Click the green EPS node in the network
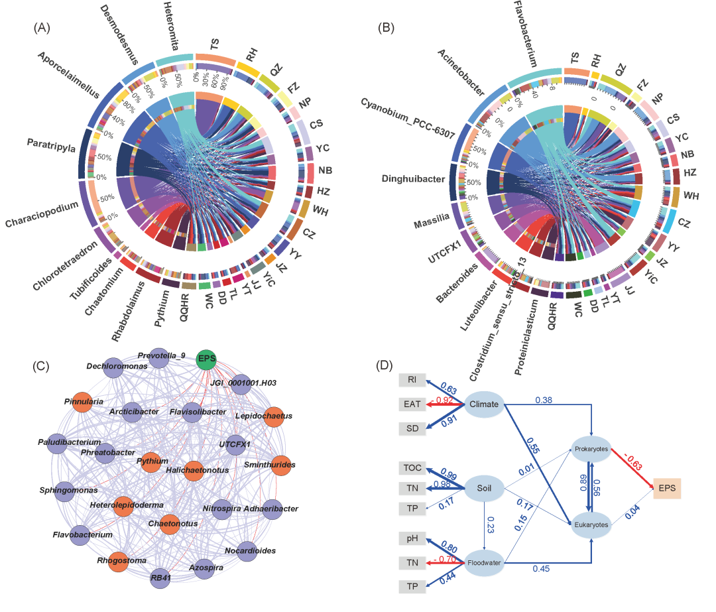point(208,360)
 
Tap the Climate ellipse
point(483,404)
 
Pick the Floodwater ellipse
point(484,564)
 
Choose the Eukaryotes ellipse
point(591,524)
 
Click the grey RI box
point(411,380)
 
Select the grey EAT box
point(411,403)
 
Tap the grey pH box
point(411,539)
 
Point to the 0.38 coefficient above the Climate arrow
point(543,400)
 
